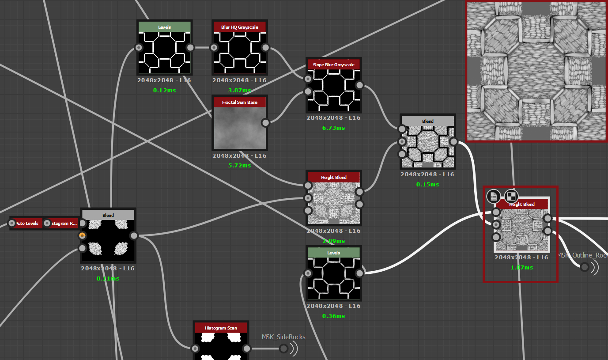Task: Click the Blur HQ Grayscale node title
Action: coord(239,27)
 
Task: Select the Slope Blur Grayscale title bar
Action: coord(334,64)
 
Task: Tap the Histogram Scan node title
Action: coord(221,328)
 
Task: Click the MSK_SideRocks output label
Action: coord(283,337)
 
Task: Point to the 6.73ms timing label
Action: coord(333,128)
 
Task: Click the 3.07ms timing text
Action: coord(239,91)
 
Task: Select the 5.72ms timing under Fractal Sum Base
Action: coord(239,166)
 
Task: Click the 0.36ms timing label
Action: coord(333,316)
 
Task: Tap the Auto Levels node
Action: coord(27,224)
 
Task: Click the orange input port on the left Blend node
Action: coord(82,235)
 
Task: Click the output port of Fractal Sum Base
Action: coord(265,122)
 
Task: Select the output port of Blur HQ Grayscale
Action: coord(265,48)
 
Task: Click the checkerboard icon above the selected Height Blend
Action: coord(511,196)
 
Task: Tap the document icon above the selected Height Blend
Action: coord(493,196)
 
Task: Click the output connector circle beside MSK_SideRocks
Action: coord(283,349)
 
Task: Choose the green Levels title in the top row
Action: coord(165,27)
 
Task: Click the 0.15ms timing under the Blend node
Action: coord(427,185)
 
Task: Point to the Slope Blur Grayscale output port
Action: coord(359,85)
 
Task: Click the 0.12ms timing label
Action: coord(164,91)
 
